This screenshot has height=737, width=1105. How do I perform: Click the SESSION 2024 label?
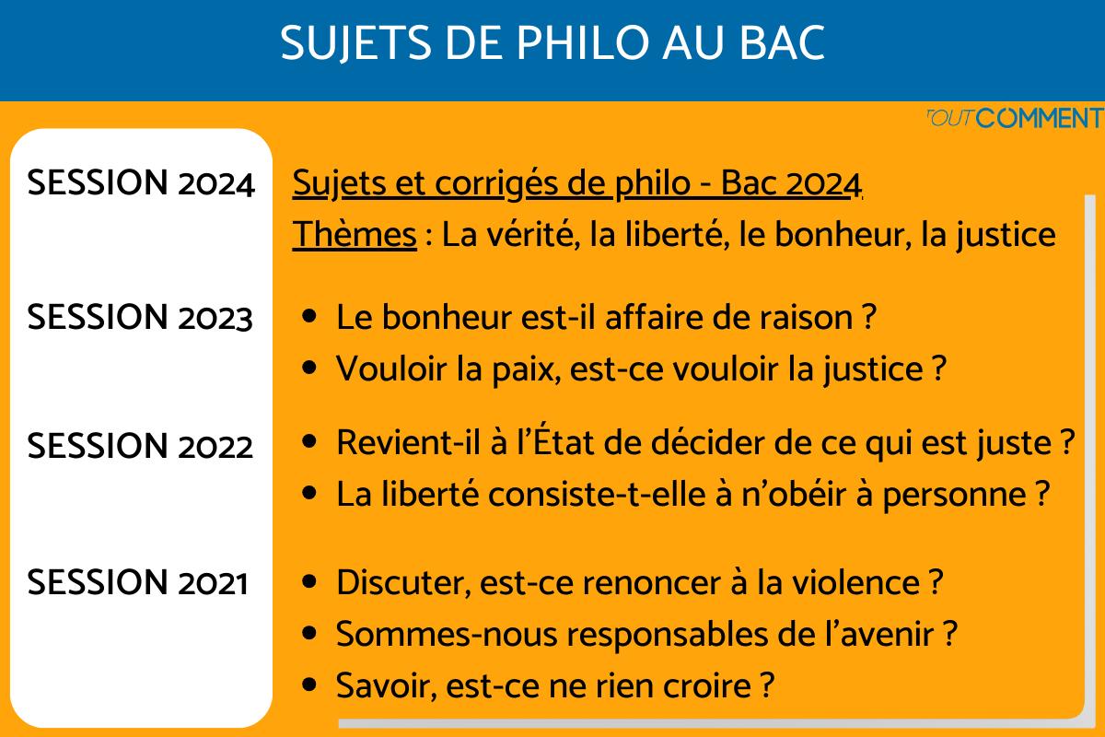click(x=140, y=183)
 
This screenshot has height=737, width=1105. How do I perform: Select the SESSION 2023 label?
click(x=140, y=317)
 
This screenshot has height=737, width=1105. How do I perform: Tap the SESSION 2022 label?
click(x=140, y=447)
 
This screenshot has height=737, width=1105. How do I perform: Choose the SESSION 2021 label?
click(x=138, y=582)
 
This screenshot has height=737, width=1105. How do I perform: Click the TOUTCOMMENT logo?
click(x=1012, y=118)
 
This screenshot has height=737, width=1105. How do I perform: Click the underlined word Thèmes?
click(x=355, y=235)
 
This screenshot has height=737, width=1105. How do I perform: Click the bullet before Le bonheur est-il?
click(x=309, y=316)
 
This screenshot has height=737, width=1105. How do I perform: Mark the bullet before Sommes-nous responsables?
click(x=309, y=634)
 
